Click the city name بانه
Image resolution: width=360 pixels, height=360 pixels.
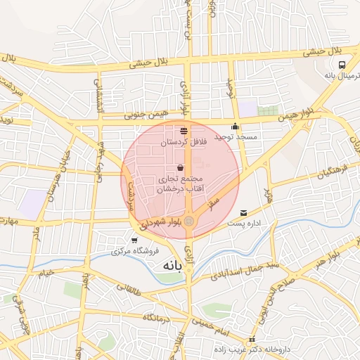click(x=172, y=266)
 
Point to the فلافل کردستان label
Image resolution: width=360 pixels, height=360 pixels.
click(x=184, y=141)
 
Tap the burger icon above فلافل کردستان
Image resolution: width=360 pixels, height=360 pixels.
click(x=184, y=131)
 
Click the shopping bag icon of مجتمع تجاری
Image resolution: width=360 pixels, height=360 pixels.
click(x=181, y=169)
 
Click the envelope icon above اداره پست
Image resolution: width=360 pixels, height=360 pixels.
click(x=244, y=212)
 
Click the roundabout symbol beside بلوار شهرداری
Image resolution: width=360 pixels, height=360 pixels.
click(x=189, y=221)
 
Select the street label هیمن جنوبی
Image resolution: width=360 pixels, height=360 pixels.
click(x=146, y=112)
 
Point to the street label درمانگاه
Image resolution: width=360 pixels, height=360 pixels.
click(x=158, y=318)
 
